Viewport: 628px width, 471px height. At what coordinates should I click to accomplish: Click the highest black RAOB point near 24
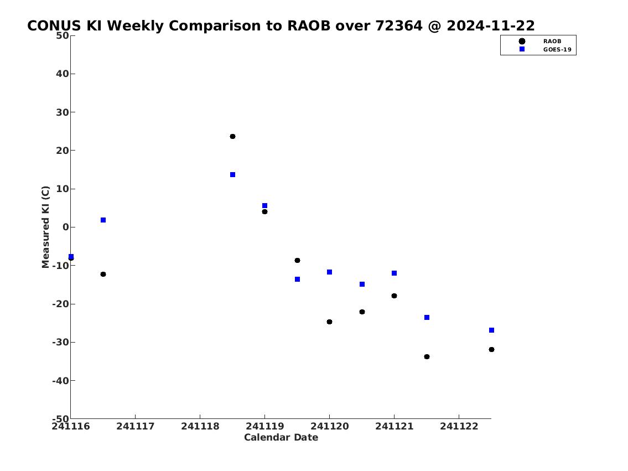(x=233, y=137)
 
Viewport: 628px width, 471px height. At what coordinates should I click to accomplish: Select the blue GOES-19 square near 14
(x=233, y=175)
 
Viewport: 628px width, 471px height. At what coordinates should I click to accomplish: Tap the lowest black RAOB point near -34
(x=427, y=357)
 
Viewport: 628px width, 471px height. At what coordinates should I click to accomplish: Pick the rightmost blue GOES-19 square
(x=492, y=330)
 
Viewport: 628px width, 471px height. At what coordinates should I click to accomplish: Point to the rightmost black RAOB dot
(x=492, y=350)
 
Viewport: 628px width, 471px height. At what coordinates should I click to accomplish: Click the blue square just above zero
(x=103, y=220)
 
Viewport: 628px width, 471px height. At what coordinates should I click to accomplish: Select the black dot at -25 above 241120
(x=330, y=322)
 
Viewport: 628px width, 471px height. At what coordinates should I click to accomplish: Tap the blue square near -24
(x=427, y=318)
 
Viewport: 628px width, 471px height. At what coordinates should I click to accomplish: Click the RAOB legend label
(x=552, y=42)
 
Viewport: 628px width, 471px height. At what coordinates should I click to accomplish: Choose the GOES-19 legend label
(x=557, y=50)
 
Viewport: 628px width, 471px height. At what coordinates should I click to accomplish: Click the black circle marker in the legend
(x=522, y=42)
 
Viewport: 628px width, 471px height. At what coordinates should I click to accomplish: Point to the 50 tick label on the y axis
(x=63, y=35)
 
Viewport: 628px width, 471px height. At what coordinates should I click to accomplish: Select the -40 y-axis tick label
(x=60, y=381)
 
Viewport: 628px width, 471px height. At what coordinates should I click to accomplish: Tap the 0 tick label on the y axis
(x=66, y=227)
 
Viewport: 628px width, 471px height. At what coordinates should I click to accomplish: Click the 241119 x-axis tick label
(x=264, y=426)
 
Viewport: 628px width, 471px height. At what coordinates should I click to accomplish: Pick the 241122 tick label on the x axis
(x=459, y=426)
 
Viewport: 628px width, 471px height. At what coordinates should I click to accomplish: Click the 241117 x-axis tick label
(x=136, y=426)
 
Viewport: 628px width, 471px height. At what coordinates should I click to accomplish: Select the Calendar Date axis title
(x=281, y=437)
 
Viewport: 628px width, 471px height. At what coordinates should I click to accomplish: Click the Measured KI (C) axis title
(x=46, y=227)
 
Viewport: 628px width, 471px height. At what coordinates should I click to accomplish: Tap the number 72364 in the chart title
(x=399, y=26)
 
